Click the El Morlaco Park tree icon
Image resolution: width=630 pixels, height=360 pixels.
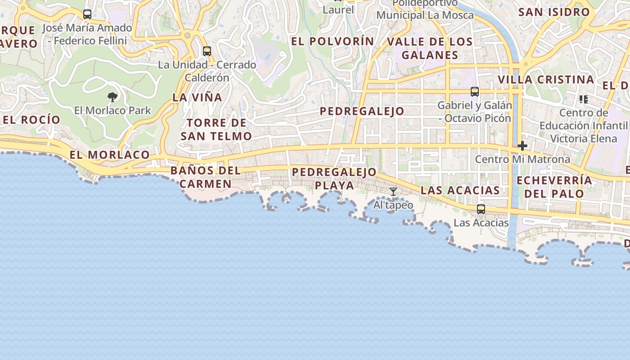pyautogui.click(x=112, y=97)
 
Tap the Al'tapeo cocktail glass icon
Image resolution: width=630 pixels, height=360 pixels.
pyautogui.click(x=393, y=192)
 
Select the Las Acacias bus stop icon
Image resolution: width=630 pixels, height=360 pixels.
pyautogui.click(x=481, y=209)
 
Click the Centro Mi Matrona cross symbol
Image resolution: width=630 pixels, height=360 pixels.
pyautogui.click(x=522, y=146)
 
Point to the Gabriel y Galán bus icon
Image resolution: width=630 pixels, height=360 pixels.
pyautogui.click(x=475, y=92)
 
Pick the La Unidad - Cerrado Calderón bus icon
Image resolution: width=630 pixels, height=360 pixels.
pyautogui.click(x=207, y=51)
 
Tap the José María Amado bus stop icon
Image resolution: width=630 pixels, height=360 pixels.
pyautogui.click(x=87, y=14)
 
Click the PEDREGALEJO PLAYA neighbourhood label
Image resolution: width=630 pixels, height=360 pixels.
pyautogui.click(x=334, y=179)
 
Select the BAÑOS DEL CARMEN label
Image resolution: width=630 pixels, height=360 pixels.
pyautogui.click(x=206, y=177)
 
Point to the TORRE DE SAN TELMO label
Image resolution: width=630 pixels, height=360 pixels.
pyautogui.click(x=216, y=130)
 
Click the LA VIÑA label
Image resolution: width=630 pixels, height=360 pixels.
pyautogui.click(x=198, y=97)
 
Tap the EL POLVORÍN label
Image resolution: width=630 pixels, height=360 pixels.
pyautogui.click(x=333, y=41)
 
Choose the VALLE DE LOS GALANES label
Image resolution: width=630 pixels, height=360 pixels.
pyautogui.click(x=430, y=49)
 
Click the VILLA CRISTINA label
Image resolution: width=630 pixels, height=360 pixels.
pyautogui.click(x=546, y=80)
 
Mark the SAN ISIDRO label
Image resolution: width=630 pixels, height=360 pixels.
pyautogui.click(x=554, y=12)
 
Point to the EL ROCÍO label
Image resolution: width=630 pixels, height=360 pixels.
pyautogui.click(x=31, y=120)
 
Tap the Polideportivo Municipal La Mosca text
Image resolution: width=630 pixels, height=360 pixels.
pyautogui.click(x=425, y=10)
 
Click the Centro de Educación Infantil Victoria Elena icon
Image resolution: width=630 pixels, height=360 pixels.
pyautogui.click(x=584, y=99)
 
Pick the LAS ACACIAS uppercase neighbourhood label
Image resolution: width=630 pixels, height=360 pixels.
pyautogui.click(x=460, y=190)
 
